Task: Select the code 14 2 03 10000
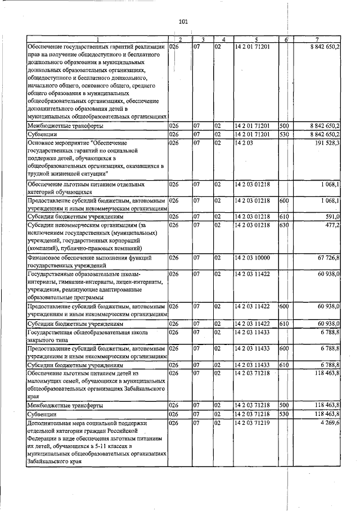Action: pyautogui.click(x=253, y=257)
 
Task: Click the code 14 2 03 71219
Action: pyautogui.click(x=253, y=423)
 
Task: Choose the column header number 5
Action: pyautogui.click(x=256, y=39)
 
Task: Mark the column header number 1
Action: pyautogui.click(x=96, y=39)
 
